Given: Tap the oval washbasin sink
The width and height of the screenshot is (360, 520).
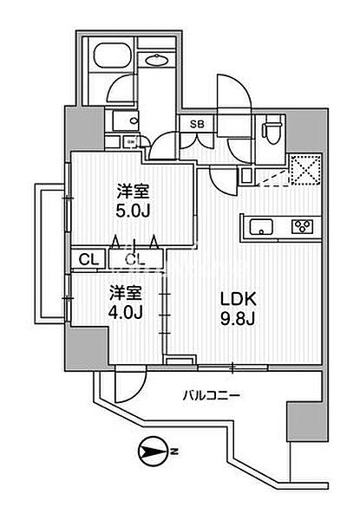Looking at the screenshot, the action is tap(157, 60).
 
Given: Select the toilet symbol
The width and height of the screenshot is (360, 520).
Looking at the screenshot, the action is tap(273, 132).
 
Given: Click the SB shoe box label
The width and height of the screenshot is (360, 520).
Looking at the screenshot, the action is tap(197, 124).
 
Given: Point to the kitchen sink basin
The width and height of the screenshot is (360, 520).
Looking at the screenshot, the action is tap(261, 227).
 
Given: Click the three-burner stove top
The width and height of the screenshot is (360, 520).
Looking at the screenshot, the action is tap(303, 226).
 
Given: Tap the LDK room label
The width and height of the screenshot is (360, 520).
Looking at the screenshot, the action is tap(239, 300).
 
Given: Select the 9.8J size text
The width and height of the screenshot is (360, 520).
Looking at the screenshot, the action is tap(238, 319).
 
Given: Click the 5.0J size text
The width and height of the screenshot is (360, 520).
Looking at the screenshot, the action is tap(133, 210).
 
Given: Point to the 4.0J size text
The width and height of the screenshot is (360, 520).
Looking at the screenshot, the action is tap(126, 312).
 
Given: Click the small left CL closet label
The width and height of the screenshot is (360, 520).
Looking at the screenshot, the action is tap(88, 260).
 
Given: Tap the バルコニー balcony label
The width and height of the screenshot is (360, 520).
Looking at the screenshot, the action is tap(211, 395).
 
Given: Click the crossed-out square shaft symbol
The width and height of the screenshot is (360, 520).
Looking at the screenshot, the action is tap(305, 169).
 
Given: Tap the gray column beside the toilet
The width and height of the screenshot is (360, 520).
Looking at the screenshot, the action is tap(307, 131).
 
